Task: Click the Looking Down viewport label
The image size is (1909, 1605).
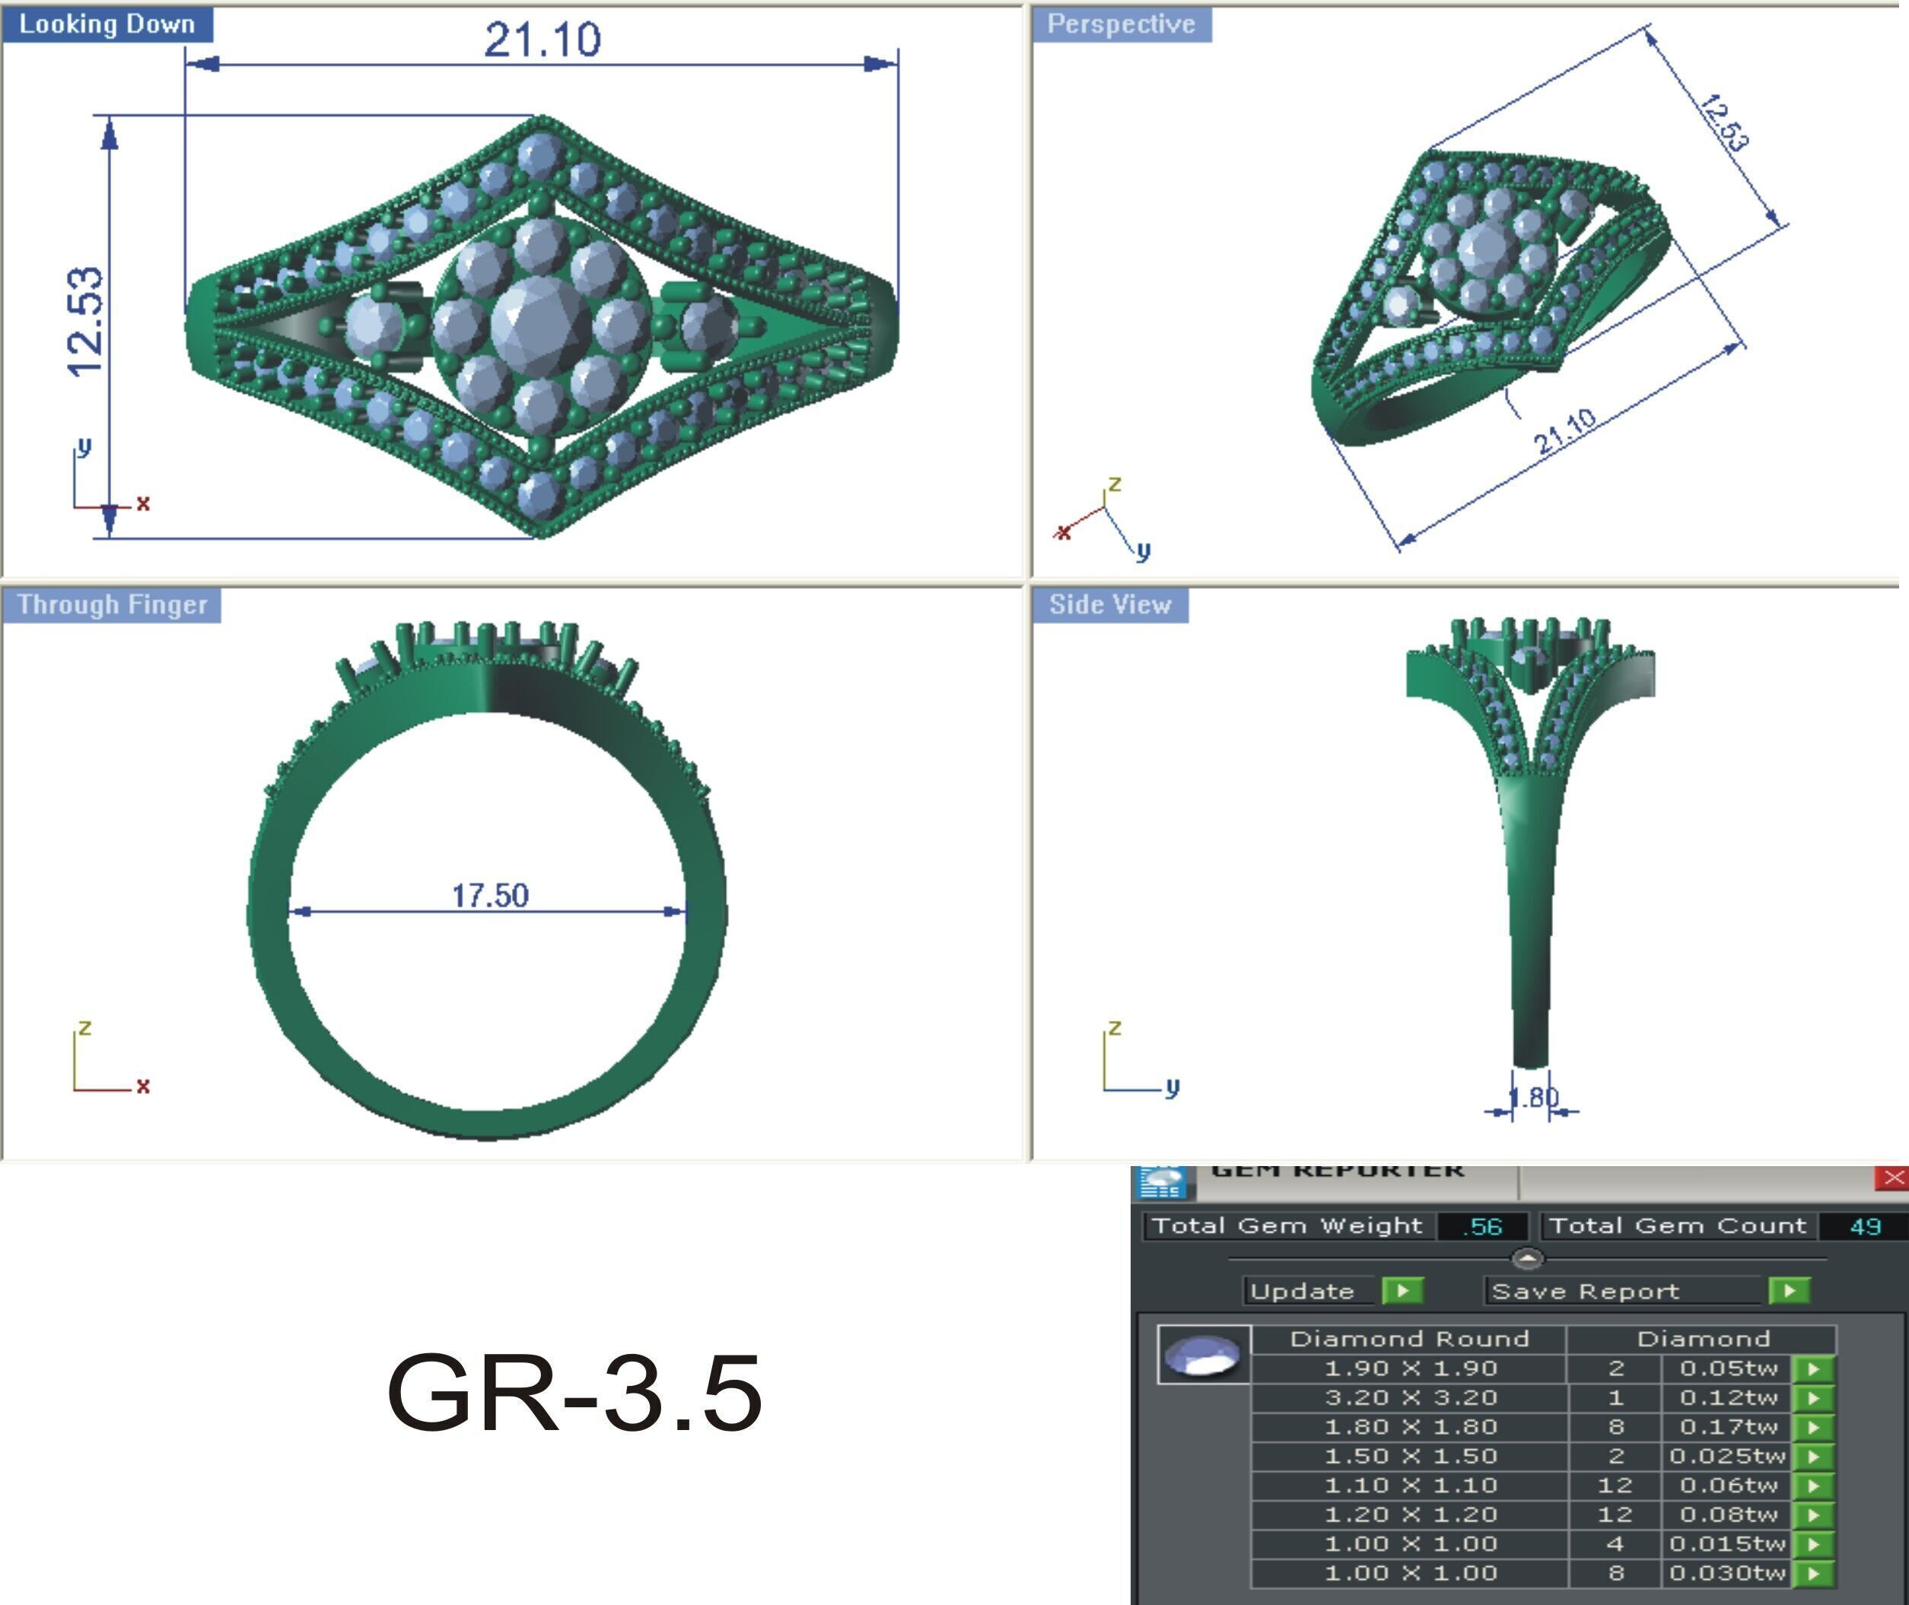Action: (107, 24)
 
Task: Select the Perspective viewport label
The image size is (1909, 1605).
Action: (1121, 24)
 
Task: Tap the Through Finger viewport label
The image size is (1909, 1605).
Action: (112, 605)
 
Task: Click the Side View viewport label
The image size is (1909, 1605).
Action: (1109, 605)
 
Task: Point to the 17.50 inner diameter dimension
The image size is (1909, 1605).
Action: (489, 896)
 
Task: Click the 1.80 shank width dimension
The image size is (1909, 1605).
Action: (1534, 1098)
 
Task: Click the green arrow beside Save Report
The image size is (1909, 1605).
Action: (1789, 1290)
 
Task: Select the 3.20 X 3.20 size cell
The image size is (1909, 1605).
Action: (1409, 1397)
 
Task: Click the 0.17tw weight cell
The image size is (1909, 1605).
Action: (1727, 1427)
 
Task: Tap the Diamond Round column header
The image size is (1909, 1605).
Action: (1408, 1339)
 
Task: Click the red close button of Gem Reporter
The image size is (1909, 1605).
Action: (1894, 1178)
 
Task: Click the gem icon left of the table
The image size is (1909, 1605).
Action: (1203, 1355)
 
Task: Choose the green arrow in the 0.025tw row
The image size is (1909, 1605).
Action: (1812, 1456)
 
